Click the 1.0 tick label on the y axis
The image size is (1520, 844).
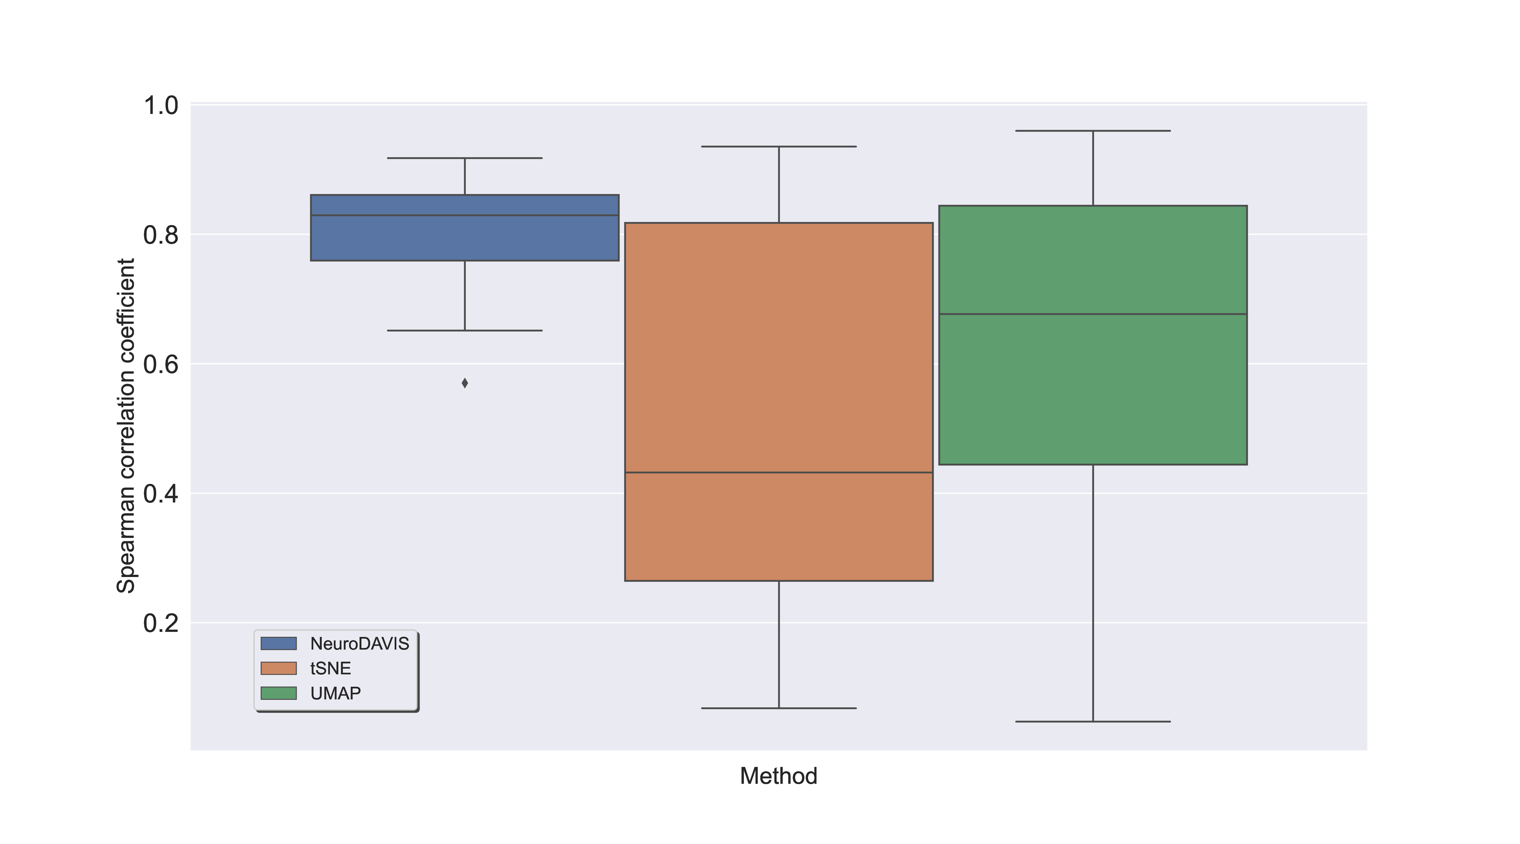tap(160, 106)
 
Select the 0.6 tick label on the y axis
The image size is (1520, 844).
tap(160, 365)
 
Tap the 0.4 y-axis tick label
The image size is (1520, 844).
tap(160, 494)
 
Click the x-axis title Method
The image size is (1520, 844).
tap(778, 776)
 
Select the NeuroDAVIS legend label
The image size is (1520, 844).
tap(359, 643)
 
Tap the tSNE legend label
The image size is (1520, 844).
tap(330, 668)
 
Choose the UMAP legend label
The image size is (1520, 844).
tap(335, 693)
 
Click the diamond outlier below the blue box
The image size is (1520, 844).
tap(465, 383)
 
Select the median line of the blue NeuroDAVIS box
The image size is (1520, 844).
tap(465, 215)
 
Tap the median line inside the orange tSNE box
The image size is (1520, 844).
tap(779, 472)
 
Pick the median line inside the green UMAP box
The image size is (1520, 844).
tap(1093, 314)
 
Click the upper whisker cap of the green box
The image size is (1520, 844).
tap(1093, 131)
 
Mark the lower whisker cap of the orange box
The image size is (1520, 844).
tap(779, 708)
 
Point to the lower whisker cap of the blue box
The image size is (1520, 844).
tap(465, 330)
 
